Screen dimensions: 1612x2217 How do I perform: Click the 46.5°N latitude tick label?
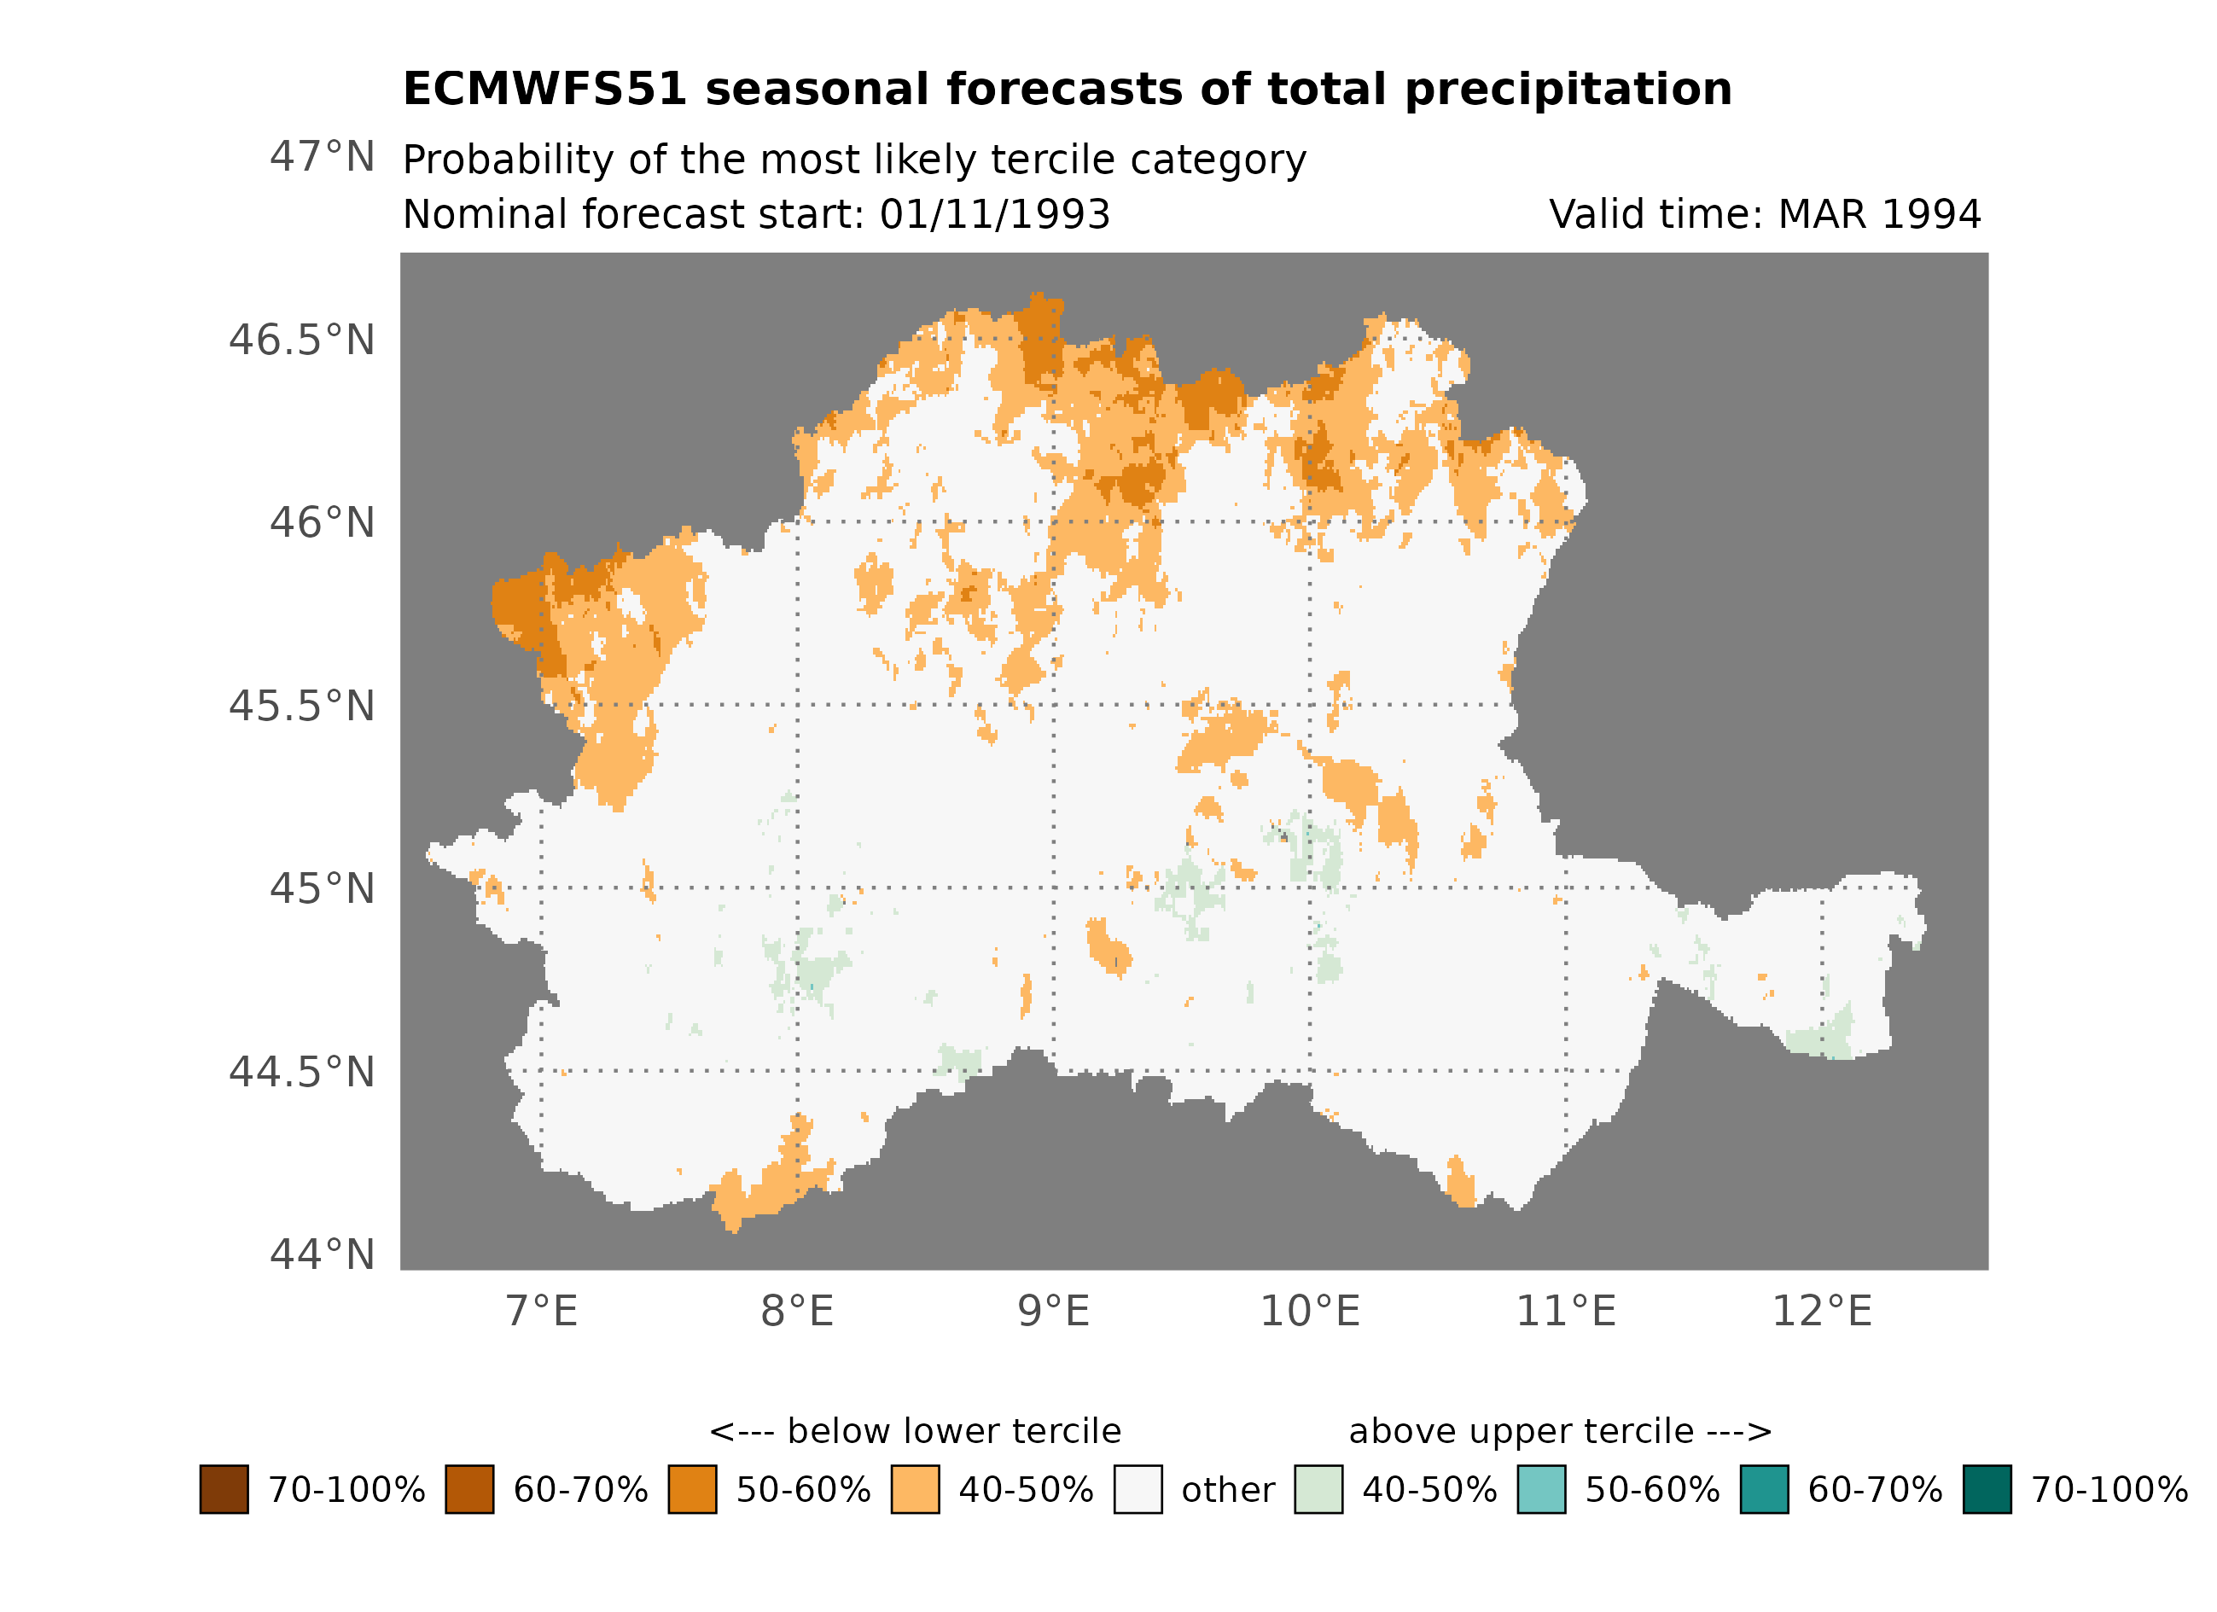click(301, 340)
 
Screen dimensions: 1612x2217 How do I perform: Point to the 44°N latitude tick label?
click(322, 1255)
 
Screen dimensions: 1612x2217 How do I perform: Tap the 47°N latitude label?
click(322, 156)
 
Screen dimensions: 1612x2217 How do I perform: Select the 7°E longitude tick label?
click(542, 1312)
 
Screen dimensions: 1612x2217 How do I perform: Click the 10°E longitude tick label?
click(1310, 1312)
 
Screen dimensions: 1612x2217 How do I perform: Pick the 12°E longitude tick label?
click(1822, 1312)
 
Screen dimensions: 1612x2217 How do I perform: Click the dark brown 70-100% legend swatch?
click(224, 1490)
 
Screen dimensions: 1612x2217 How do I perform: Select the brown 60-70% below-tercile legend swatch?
click(469, 1490)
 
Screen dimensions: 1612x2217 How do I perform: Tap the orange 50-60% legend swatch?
click(692, 1490)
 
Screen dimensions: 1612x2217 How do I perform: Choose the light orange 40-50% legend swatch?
click(915, 1490)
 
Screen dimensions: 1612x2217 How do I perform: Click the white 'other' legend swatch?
click(1138, 1490)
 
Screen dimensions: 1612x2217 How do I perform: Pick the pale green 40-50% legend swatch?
click(1318, 1490)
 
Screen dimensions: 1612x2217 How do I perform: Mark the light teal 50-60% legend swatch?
click(1541, 1490)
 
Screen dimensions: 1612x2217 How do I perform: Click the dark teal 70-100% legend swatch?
click(1987, 1490)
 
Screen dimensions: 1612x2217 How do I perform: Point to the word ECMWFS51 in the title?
click(544, 90)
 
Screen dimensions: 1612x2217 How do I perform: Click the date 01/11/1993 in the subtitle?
click(994, 215)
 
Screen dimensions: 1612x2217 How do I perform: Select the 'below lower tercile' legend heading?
click(915, 1432)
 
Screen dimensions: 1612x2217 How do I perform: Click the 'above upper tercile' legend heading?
click(1560, 1432)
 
